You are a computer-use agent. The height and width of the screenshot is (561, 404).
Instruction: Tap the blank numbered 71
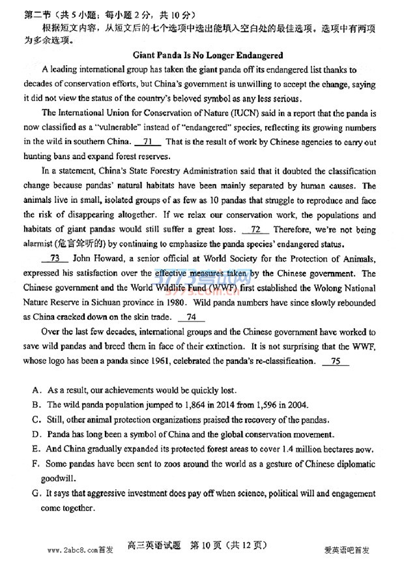pos(148,142)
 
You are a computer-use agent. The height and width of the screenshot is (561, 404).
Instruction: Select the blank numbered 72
pos(255,230)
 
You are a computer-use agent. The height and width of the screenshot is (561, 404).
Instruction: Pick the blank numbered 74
pos(191,318)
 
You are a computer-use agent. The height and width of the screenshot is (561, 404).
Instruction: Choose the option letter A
pos(36,390)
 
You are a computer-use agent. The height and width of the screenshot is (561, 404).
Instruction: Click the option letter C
pos(36,419)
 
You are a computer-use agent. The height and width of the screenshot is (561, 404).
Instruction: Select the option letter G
pos(36,495)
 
